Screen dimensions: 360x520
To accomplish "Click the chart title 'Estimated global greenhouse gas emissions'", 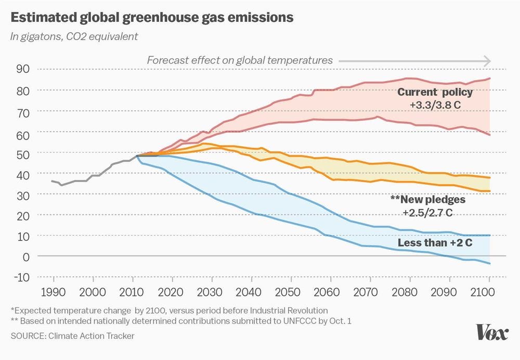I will pos(152,17).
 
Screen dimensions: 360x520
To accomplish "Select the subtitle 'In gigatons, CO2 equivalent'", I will pos(74,36).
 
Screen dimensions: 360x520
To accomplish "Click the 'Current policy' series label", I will pos(435,93).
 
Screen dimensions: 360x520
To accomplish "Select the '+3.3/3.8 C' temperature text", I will pos(435,105).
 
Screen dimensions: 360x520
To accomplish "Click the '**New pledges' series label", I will pos(427,199).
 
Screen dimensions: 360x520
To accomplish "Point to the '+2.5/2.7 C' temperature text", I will pos(427,212).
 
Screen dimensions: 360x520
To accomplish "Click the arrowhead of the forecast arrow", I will pos(487,61).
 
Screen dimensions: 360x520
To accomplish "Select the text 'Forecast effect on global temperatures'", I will pos(240,60).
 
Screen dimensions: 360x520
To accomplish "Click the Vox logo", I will pos(491,332).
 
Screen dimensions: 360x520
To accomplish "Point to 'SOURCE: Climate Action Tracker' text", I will pos(72,336).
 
